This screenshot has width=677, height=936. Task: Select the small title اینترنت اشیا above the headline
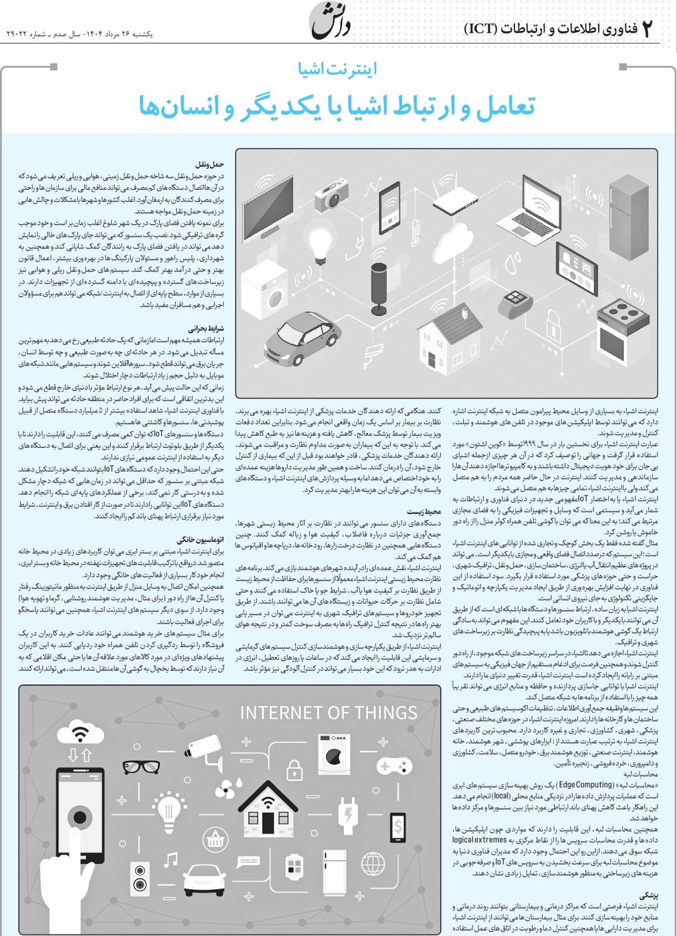pyautogui.click(x=338, y=69)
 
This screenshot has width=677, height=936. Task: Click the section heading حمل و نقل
pyautogui.click(x=209, y=164)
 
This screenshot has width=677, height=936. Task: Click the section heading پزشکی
pyautogui.click(x=649, y=894)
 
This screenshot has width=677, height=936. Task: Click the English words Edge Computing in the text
pyautogui.click(x=587, y=785)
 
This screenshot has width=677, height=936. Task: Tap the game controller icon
pyautogui.click(x=395, y=766)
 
